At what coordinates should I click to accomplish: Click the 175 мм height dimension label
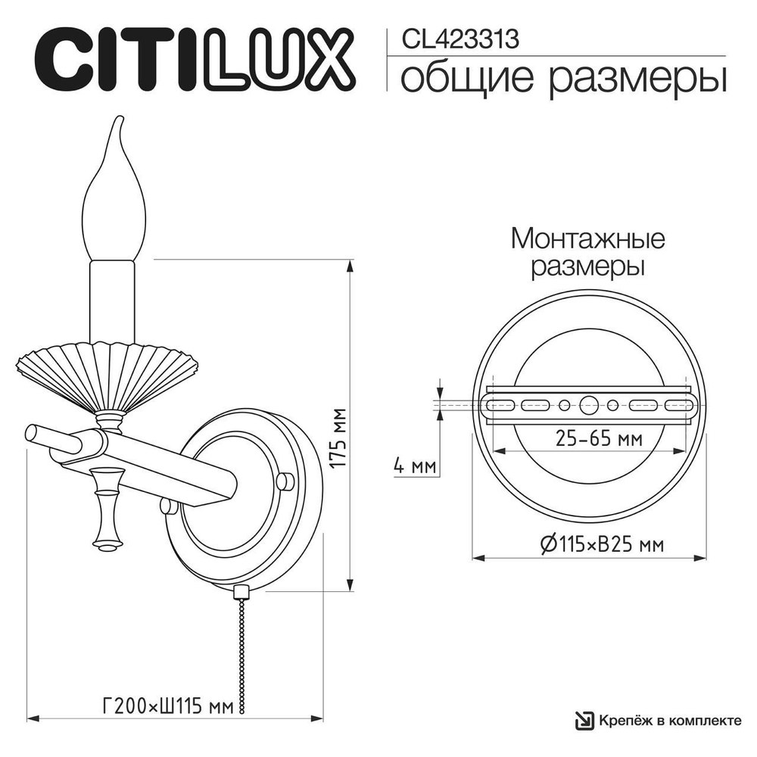pyautogui.click(x=339, y=438)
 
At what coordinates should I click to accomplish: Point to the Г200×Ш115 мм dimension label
pyautogui.click(x=166, y=706)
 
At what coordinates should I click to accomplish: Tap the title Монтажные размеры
pyautogui.click(x=587, y=252)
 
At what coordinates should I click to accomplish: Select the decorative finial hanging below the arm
pyautogui.click(x=105, y=507)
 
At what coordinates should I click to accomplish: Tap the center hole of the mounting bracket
pyautogui.click(x=588, y=406)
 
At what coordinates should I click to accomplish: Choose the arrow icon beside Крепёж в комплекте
pyautogui.click(x=584, y=720)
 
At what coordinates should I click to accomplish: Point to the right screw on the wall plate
pyautogui.click(x=284, y=481)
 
